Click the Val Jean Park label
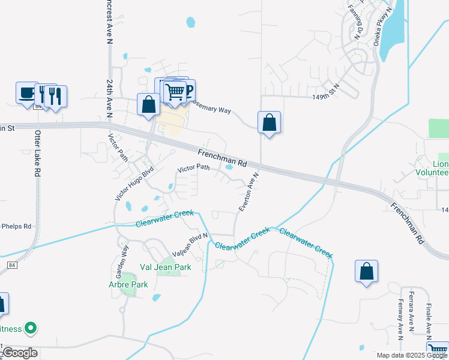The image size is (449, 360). coord(165,267)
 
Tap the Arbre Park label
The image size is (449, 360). coord(128,284)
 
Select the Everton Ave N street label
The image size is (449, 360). coord(248,192)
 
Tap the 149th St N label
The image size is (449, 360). coord(326,92)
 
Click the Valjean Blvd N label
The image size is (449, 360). coord(190,245)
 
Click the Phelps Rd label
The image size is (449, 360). coord(16,226)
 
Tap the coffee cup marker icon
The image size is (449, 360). coord(26,93)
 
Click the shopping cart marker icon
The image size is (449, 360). coord(175,91)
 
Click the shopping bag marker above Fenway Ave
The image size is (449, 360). coord(366,271)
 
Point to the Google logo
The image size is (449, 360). coord(19,353)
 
